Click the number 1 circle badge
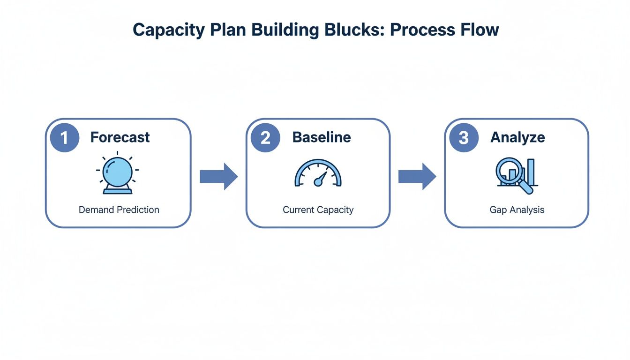click(x=65, y=137)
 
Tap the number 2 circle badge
click(x=265, y=137)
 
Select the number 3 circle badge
click(x=464, y=137)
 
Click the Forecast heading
click(x=120, y=137)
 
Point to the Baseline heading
click(x=321, y=137)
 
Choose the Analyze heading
click(x=517, y=137)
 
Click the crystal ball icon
click(x=117, y=173)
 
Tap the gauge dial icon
click(x=318, y=174)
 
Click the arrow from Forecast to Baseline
click(x=218, y=176)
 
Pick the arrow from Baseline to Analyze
click(x=417, y=176)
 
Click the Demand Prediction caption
click(x=119, y=210)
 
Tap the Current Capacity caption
click(x=318, y=210)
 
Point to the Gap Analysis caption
click(x=517, y=210)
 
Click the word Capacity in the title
click(x=168, y=30)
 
